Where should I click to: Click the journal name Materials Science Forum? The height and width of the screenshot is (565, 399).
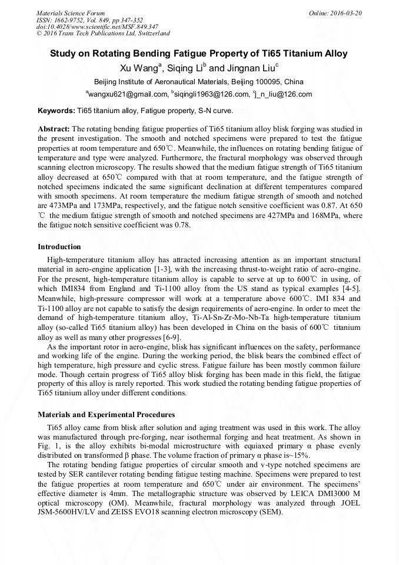tap(71, 12)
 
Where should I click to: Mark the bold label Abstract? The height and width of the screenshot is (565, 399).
tap(54, 128)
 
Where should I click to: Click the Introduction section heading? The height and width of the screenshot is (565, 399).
tap(59, 246)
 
